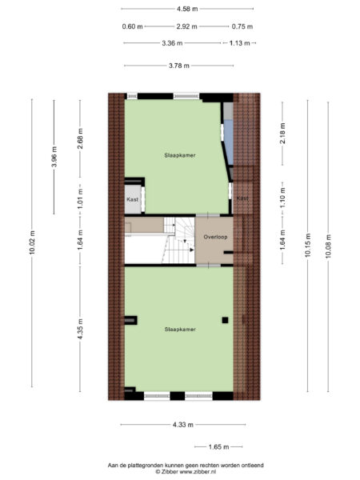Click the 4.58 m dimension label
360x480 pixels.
[187, 9]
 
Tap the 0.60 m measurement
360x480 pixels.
[133, 26]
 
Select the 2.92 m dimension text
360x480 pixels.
[187, 26]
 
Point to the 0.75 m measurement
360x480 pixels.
[242, 26]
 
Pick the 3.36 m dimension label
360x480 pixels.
[172, 43]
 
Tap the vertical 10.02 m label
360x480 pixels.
[33, 242]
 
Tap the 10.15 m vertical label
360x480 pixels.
[308, 245]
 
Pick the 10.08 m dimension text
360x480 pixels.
[329, 245]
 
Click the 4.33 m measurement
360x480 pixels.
[181, 424]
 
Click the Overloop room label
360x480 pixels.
[214, 238]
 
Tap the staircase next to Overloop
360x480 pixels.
[178, 239]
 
